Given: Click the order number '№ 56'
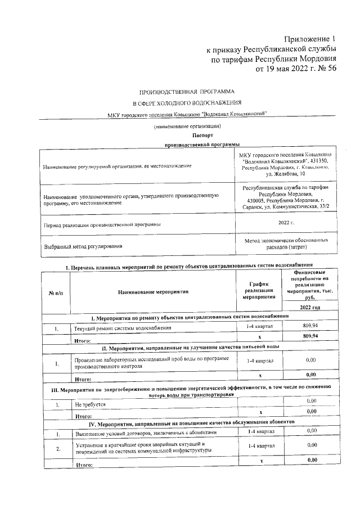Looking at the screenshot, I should (x=326, y=69).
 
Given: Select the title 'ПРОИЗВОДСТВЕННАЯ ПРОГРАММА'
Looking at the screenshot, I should (x=187, y=91).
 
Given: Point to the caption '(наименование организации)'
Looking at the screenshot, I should (x=187, y=128).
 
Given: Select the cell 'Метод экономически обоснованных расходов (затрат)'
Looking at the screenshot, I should (x=286, y=244).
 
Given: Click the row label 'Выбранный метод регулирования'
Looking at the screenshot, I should (x=83, y=246).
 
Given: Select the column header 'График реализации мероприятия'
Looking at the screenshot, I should (x=260, y=292).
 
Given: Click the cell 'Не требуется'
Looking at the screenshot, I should (x=89, y=404).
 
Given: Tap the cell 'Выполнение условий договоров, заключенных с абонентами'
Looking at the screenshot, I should (x=145, y=433).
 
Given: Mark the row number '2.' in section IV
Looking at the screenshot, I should (x=57, y=448).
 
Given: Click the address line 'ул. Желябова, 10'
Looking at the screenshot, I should (x=286, y=175).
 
